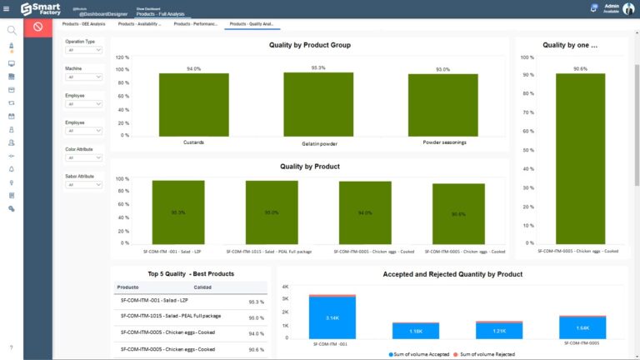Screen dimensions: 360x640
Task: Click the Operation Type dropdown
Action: point(84,50)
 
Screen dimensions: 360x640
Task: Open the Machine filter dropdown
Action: point(84,77)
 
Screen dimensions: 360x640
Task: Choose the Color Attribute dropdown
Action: point(84,157)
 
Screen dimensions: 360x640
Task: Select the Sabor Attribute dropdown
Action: point(84,185)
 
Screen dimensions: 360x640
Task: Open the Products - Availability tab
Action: point(140,24)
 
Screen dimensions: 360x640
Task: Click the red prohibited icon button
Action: point(37,27)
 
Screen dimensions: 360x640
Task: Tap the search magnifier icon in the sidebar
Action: point(12,30)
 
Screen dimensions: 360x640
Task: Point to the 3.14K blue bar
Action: point(332,318)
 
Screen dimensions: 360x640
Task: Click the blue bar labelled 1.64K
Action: point(582,327)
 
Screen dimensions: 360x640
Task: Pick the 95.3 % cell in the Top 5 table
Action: point(257,302)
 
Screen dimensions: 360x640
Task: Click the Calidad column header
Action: point(203,287)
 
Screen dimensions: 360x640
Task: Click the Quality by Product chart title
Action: point(309,166)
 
